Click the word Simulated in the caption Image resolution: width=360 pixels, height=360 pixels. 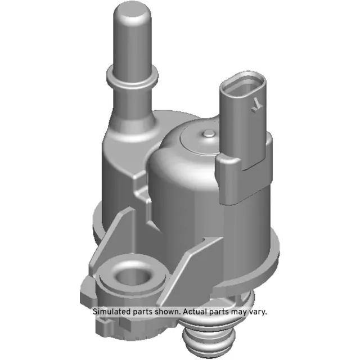(x=112, y=311)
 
